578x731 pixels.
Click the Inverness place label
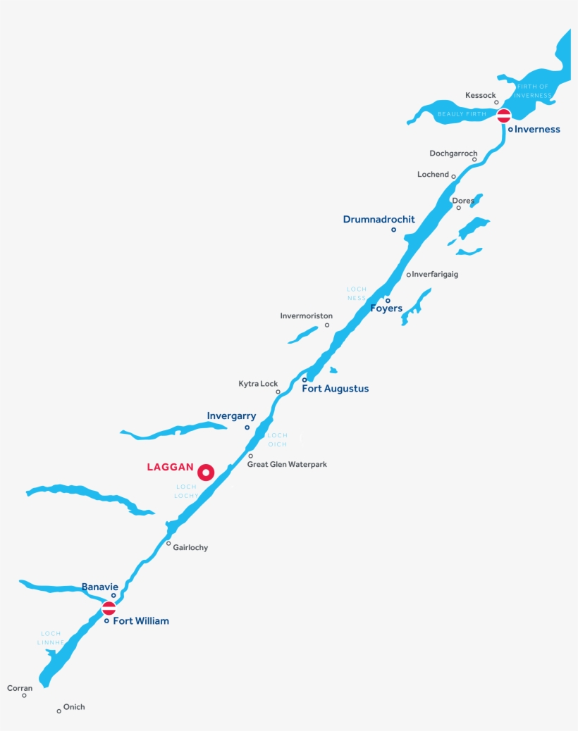pos(537,130)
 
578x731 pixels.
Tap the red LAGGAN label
pos(170,467)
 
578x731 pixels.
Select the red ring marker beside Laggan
pos(206,473)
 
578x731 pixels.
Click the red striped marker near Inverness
pos(504,115)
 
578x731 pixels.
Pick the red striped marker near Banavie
pos(109,608)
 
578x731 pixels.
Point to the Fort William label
pos(141,621)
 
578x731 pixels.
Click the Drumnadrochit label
pos(379,220)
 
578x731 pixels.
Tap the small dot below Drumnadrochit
pos(393,230)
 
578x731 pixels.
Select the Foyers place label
pos(386,308)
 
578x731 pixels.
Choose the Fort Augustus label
pos(335,389)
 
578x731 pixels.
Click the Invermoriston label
pos(306,316)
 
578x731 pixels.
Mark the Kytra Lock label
pos(258,384)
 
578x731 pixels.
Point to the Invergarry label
pos(231,416)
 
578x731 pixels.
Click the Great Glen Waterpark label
pos(287,465)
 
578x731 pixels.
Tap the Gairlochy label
pos(190,548)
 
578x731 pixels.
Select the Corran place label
pos(20,688)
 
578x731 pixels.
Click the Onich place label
pos(74,707)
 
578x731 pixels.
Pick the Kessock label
pos(481,95)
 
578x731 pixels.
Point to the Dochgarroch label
pos(453,154)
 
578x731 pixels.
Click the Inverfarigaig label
pos(435,275)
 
